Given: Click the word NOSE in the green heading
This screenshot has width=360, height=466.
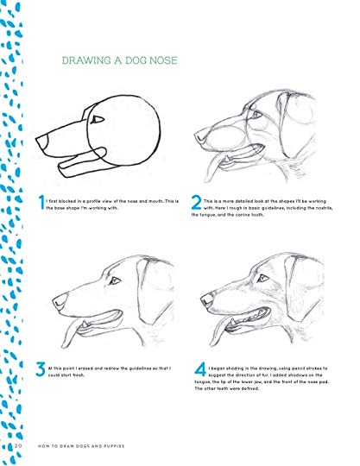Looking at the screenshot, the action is (x=163, y=60).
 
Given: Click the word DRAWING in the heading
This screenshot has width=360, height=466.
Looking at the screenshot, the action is (x=86, y=60).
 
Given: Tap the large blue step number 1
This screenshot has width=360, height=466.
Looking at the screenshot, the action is (x=41, y=202).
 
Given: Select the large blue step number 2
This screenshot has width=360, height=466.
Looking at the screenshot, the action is (x=196, y=203).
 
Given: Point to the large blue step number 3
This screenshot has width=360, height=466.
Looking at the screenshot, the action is (x=41, y=369).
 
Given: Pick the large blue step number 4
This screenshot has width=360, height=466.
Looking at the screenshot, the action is (x=200, y=369).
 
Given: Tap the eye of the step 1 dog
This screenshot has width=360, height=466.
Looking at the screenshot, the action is (x=98, y=119).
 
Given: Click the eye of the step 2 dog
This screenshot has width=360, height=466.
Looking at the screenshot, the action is (x=256, y=115).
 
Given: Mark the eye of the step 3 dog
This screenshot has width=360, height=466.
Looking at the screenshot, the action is (x=115, y=280).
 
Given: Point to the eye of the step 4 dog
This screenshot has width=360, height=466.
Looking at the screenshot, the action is (x=262, y=278).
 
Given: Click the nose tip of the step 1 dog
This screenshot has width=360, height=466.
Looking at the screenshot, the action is (x=36, y=139).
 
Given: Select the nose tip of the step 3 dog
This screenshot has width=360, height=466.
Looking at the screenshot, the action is (x=54, y=302).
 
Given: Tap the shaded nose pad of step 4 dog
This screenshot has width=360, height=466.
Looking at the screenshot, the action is (x=207, y=299).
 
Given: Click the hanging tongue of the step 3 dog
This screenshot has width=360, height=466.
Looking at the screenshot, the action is (x=69, y=334).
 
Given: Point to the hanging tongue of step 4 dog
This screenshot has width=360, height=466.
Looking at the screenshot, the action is (x=218, y=332).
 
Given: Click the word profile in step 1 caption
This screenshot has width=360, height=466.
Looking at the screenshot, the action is (x=93, y=201).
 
